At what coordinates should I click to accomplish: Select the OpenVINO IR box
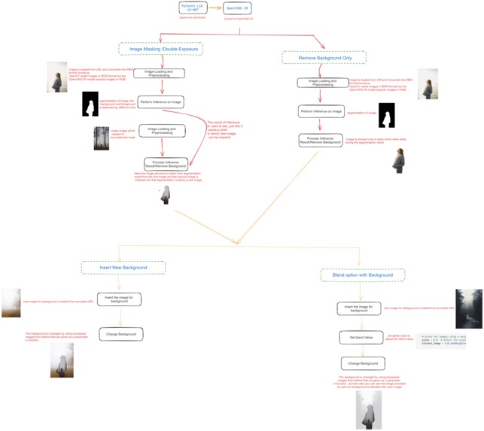click(237, 9)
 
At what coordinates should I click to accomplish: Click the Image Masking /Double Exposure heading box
click(160, 48)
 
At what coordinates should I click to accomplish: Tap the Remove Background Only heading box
click(323, 57)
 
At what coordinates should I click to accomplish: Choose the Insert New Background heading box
click(123, 267)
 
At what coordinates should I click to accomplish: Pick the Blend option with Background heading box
click(362, 275)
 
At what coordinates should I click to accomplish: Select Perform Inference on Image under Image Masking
click(161, 102)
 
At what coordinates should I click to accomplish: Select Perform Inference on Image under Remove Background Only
click(322, 112)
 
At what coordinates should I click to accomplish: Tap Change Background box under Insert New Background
click(120, 333)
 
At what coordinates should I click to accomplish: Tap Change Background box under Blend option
click(362, 363)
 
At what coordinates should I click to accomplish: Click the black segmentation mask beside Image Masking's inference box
click(90, 104)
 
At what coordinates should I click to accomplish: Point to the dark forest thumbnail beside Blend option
click(468, 308)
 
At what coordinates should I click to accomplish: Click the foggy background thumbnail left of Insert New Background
click(11, 302)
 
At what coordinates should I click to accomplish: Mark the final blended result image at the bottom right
click(368, 409)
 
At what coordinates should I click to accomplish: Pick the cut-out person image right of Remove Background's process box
click(398, 160)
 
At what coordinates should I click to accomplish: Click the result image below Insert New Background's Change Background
click(62, 360)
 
